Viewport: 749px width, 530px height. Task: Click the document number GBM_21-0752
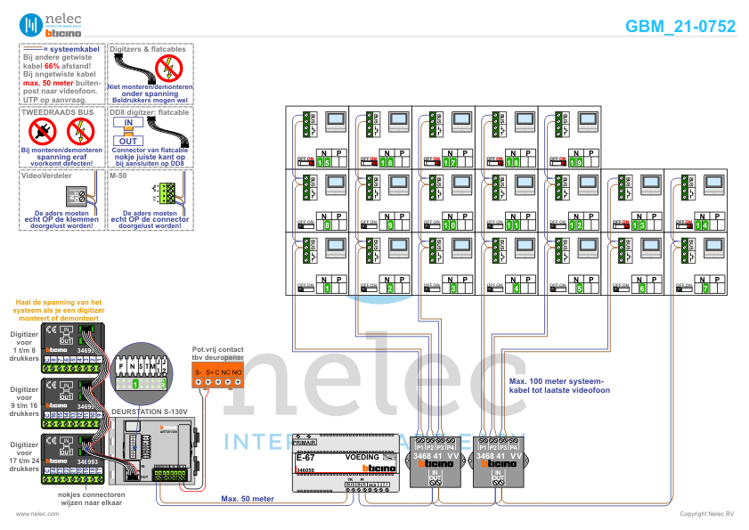pyautogui.click(x=680, y=27)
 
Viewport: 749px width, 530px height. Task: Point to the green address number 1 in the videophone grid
pyautogui.click(x=326, y=288)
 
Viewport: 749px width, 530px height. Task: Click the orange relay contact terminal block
pyautogui.click(x=218, y=382)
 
